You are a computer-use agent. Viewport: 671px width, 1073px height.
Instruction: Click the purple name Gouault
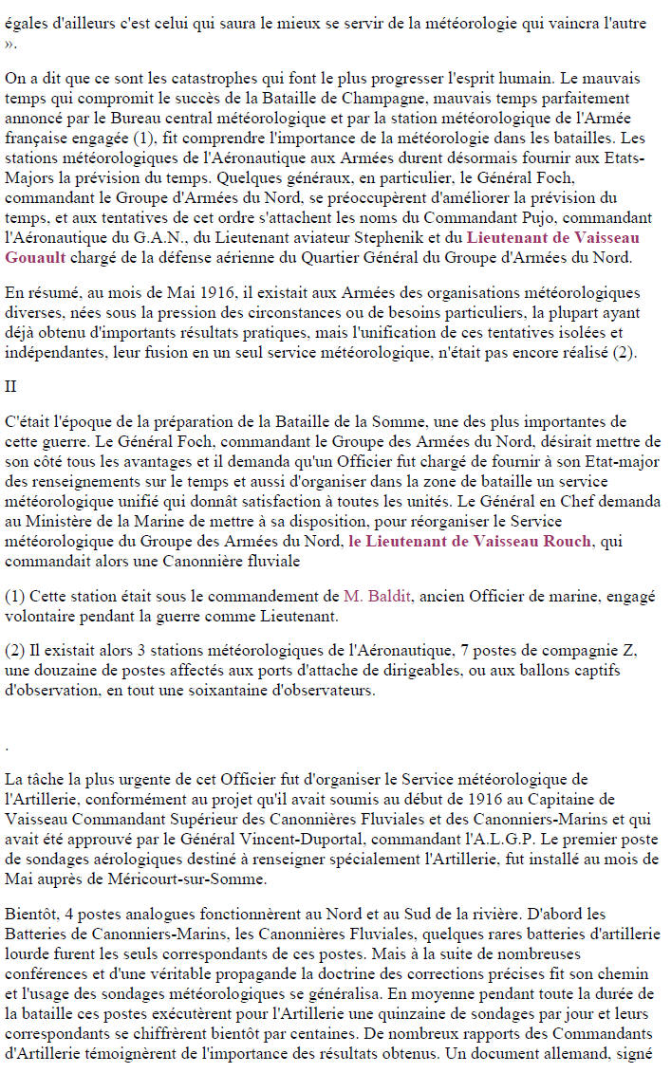(34, 256)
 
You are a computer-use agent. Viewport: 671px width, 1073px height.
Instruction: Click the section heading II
(10, 386)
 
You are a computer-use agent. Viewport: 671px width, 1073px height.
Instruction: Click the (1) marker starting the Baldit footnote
(14, 597)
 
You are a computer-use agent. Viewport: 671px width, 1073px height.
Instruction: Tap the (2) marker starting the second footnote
(14, 652)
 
